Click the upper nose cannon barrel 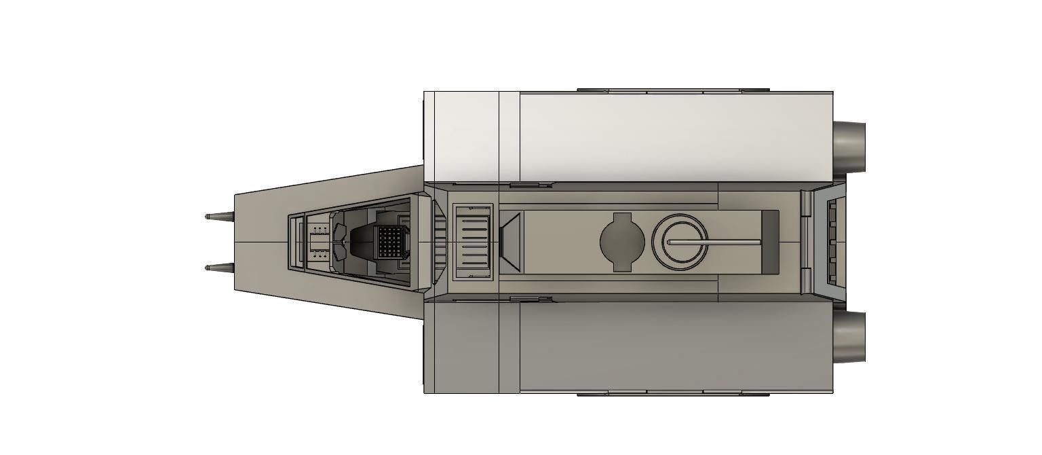(218, 217)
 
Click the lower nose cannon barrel (218, 268)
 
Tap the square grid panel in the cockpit (389, 241)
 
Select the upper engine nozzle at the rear (849, 146)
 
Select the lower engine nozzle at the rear (849, 337)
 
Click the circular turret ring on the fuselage (680, 242)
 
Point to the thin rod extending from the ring (719, 242)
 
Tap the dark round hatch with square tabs (622, 242)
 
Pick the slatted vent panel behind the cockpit (472, 242)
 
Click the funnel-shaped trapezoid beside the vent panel (511, 242)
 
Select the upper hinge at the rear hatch (806, 202)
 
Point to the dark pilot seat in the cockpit (360, 242)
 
